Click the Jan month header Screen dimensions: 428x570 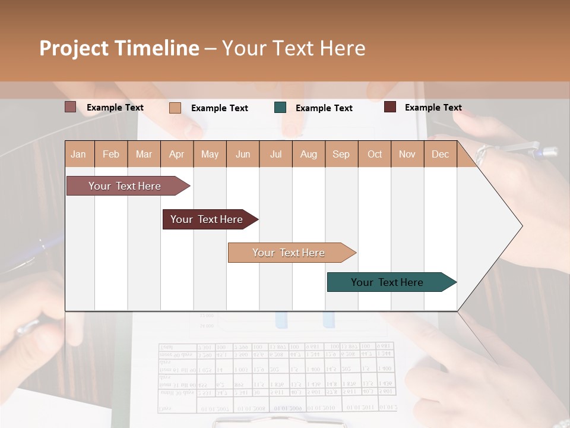click(x=78, y=154)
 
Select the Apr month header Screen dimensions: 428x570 click(x=176, y=154)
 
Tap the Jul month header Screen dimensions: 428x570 click(x=275, y=154)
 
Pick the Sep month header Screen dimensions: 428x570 click(x=341, y=154)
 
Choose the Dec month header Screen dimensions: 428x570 click(x=440, y=154)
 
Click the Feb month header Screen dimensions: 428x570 click(x=111, y=154)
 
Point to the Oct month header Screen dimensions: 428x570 click(x=375, y=154)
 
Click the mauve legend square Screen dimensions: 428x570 click(x=71, y=107)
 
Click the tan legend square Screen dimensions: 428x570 click(x=175, y=108)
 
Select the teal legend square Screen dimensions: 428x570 click(x=280, y=108)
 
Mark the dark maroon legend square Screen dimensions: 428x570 click(x=390, y=107)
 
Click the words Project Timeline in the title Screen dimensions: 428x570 click(x=119, y=48)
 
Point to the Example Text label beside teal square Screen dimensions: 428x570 click(x=324, y=108)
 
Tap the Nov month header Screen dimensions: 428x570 click(x=407, y=154)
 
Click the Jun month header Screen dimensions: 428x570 click(x=243, y=154)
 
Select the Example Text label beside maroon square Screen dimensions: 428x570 click(x=433, y=107)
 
